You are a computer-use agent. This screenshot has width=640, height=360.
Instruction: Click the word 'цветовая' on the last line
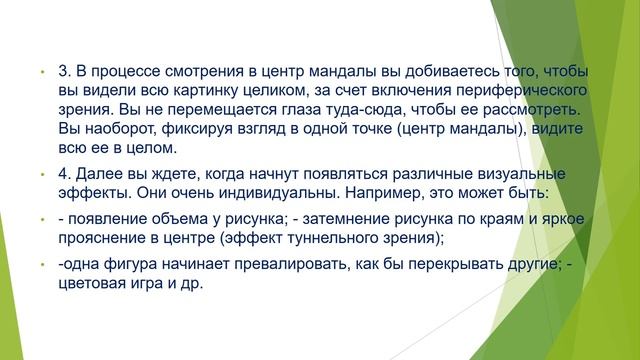click(95, 284)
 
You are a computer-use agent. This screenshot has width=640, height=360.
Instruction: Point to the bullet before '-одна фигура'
click(43, 266)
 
